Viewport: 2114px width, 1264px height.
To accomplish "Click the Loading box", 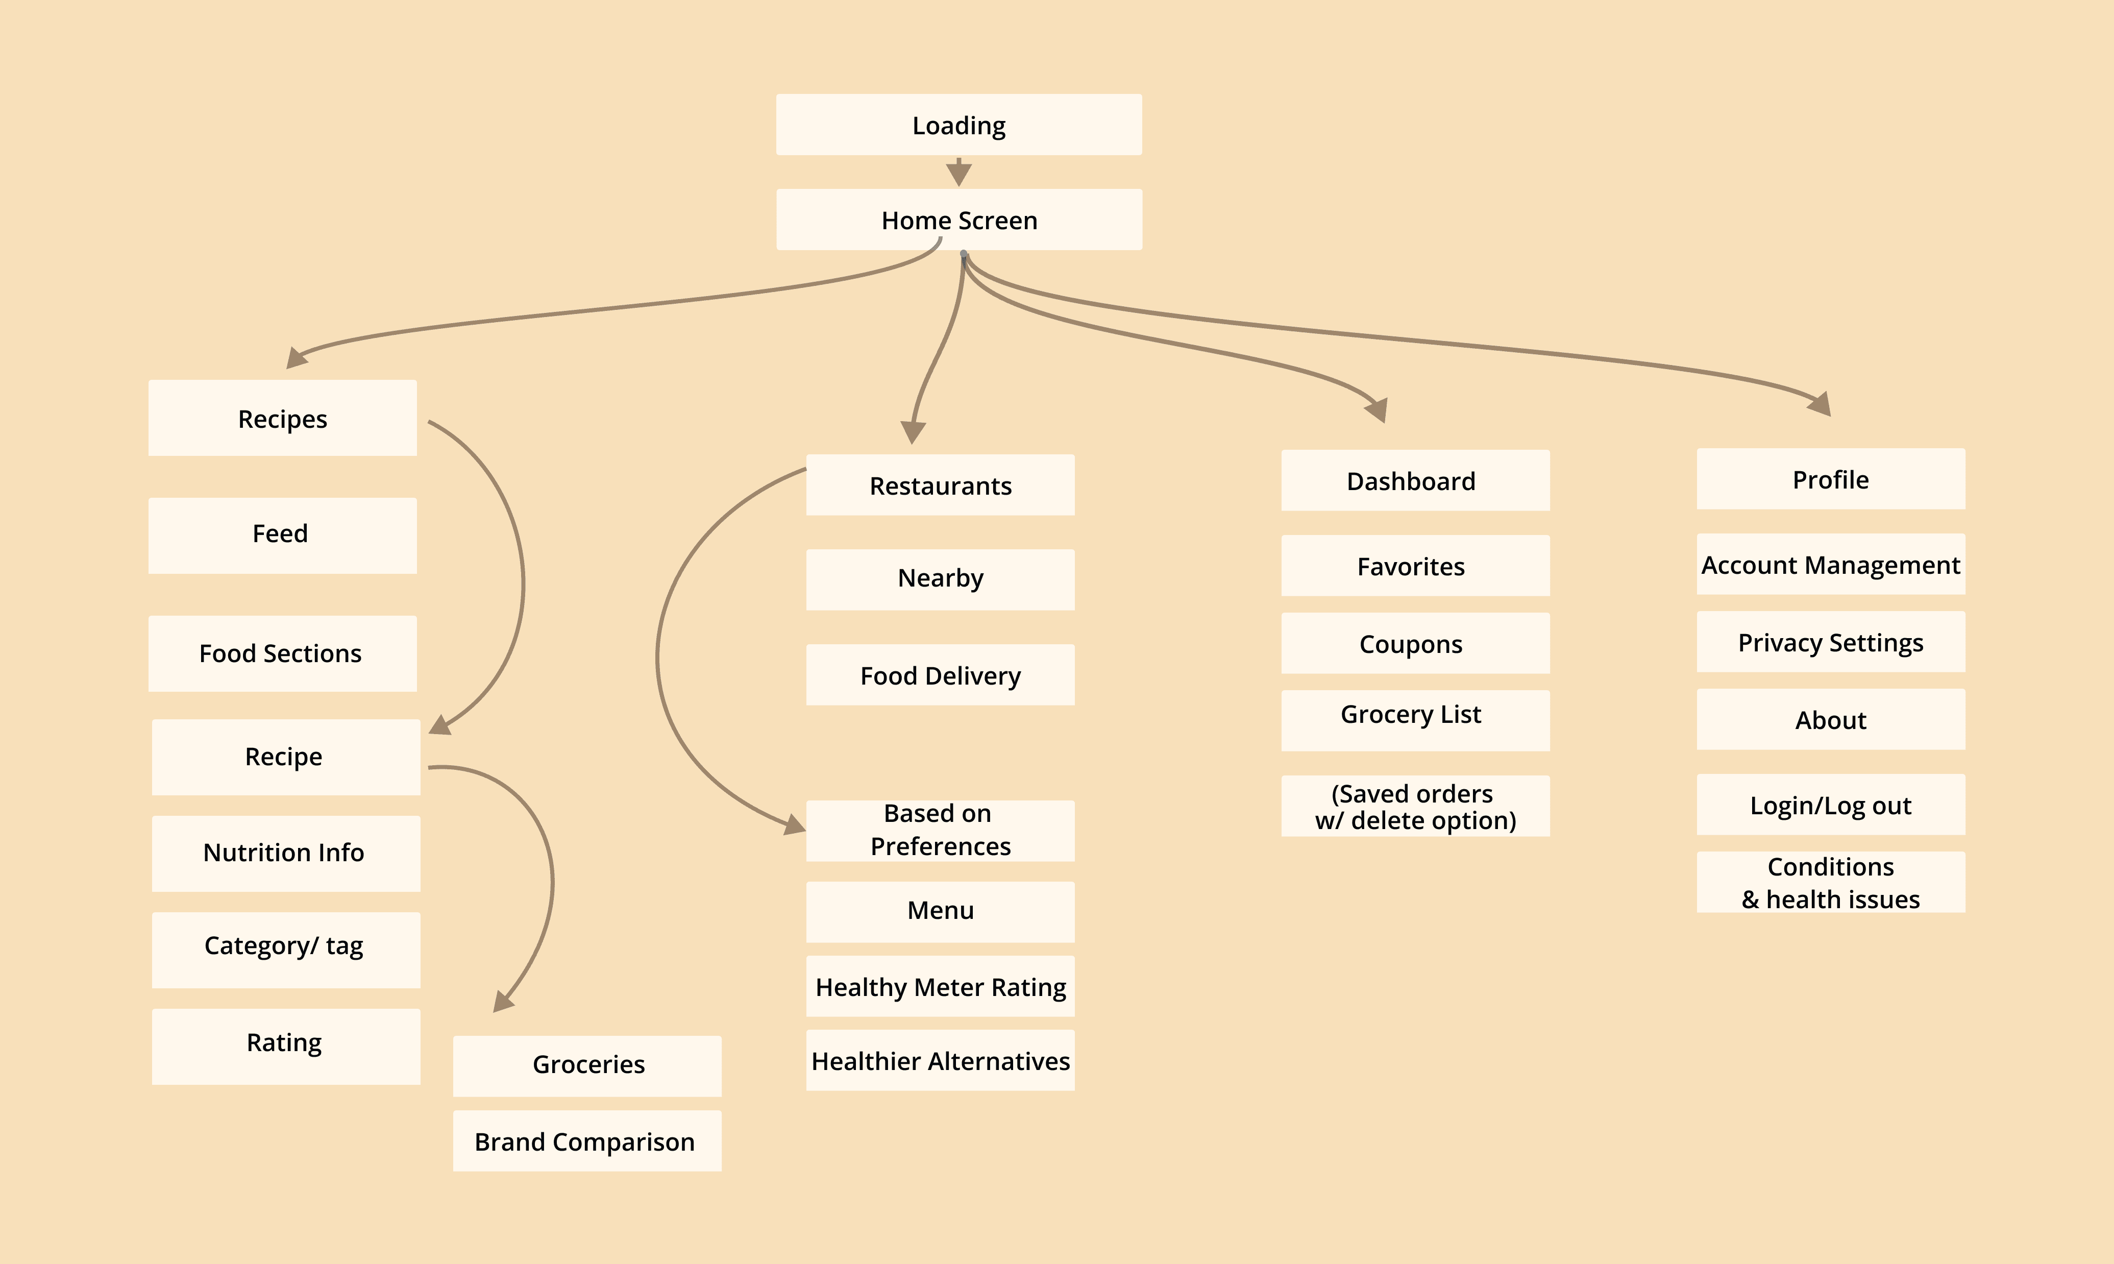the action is pos(958,125).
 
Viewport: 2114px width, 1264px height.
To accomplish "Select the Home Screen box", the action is pos(958,220).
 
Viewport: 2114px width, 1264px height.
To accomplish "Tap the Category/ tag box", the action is pos(286,950).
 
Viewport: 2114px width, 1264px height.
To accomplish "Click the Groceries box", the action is pos(586,1065).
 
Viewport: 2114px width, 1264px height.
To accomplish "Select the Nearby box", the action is pos(940,579).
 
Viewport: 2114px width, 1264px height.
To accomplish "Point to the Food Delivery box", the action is pos(940,674).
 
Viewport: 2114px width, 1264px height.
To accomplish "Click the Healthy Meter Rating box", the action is pos(940,986).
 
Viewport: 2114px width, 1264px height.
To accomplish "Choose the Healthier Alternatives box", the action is pos(940,1060).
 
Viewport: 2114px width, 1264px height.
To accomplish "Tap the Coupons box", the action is pos(1415,643).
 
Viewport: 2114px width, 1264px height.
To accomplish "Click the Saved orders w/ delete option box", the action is pos(1415,806).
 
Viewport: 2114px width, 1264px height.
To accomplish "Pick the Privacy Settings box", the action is pos(1831,641).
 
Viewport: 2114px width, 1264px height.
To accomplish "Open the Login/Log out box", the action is pos(1831,804).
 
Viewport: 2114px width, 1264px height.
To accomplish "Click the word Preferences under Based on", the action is pos(940,846).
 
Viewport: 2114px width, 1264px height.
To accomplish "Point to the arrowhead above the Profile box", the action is pos(1820,404).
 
